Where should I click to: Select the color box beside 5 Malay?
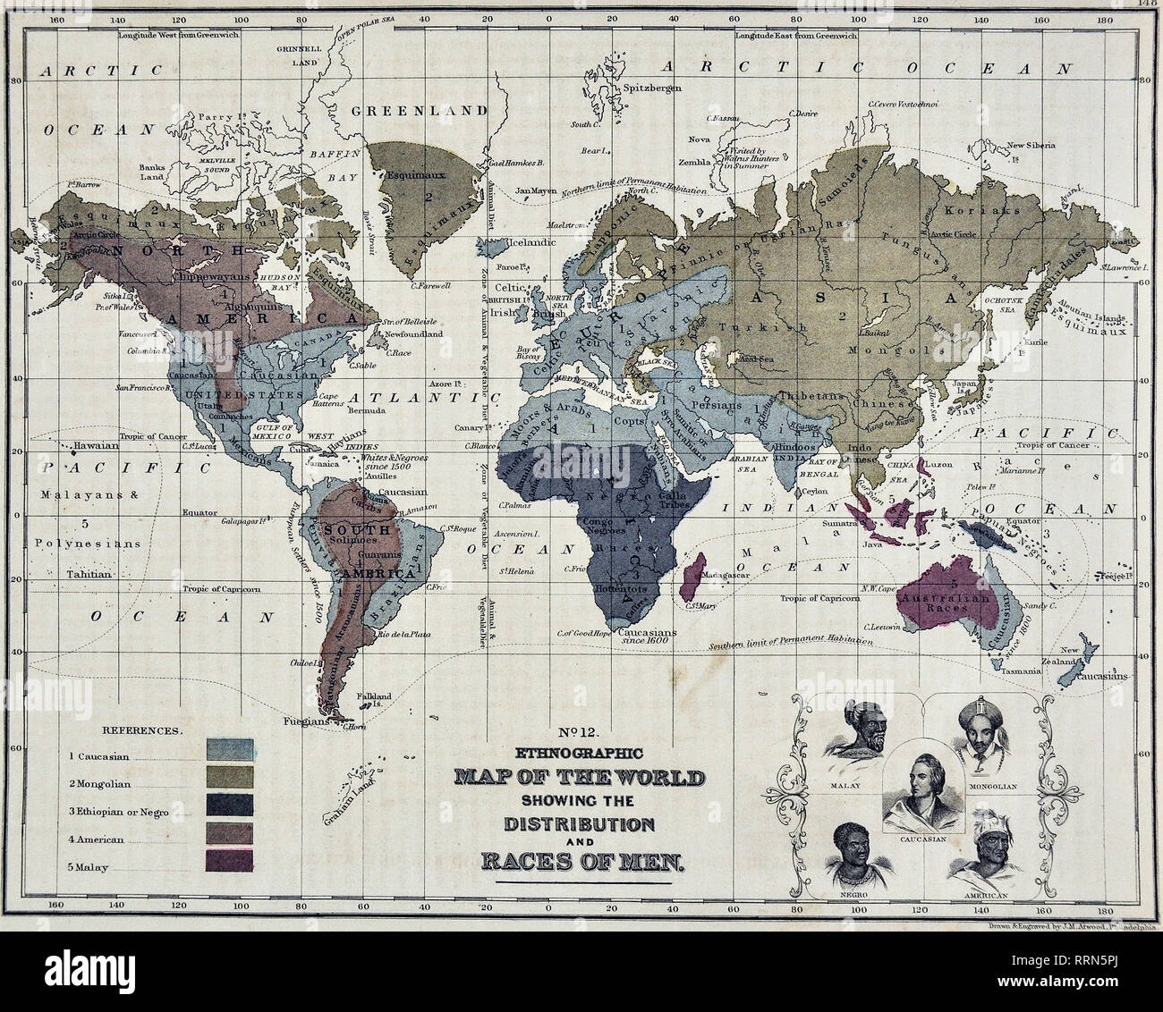pyautogui.click(x=230, y=860)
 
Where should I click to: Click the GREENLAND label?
pyautogui.click(x=419, y=111)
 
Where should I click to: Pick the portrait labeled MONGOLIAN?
pyautogui.click(x=980, y=729)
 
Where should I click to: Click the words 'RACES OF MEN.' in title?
pyautogui.click(x=582, y=863)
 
